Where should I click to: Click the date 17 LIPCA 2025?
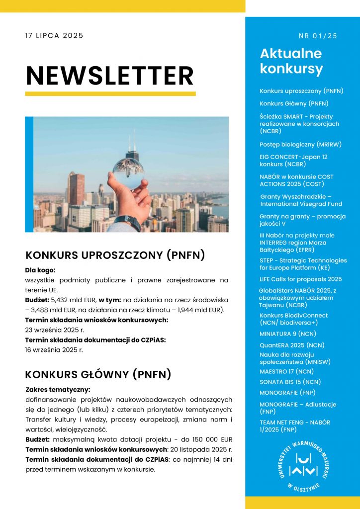point(54,36)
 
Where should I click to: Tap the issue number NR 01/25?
point(318,36)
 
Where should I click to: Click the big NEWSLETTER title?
point(109,75)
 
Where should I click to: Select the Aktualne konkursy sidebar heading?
point(291,61)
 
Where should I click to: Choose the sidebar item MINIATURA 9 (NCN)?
point(287,334)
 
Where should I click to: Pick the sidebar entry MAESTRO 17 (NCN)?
point(286,371)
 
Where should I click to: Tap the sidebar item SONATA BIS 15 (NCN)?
point(290,382)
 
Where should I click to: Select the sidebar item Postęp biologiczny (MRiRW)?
point(300,144)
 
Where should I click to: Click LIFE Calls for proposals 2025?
point(300,279)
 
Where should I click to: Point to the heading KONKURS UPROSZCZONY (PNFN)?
point(115,255)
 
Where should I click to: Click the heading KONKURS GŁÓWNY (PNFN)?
point(98,374)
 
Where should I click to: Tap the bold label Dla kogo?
point(40,270)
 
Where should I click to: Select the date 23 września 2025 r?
point(55,330)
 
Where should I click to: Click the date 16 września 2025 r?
point(54,349)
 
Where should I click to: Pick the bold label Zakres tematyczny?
point(58,389)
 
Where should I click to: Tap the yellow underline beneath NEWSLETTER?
point(110,93)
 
